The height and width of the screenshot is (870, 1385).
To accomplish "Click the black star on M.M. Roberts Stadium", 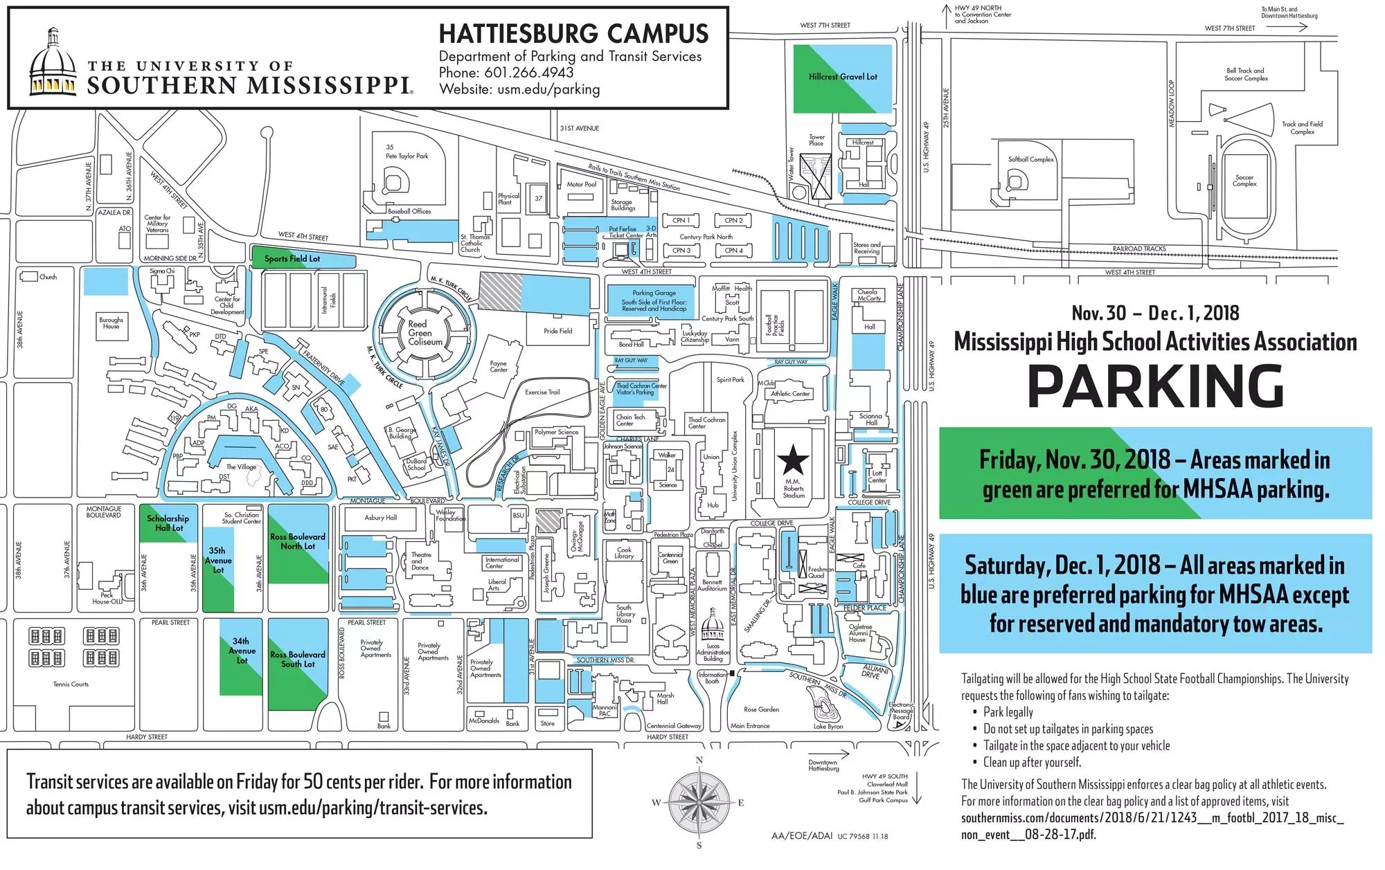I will click(793, 460).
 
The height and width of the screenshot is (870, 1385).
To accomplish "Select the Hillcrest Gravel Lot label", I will click(843, 77).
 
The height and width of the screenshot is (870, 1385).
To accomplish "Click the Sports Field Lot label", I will click(292, 259).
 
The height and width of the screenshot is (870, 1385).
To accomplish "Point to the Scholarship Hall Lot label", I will click(167, 523).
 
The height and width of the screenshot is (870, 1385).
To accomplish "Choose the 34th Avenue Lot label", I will click(242, 651).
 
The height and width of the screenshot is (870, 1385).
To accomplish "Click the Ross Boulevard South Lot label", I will click(298, 659).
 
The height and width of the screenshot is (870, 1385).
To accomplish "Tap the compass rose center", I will click(699, 803).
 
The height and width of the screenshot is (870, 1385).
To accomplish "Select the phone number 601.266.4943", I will click(528, 73).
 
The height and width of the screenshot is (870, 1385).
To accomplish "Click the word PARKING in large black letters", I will click(1155, 386).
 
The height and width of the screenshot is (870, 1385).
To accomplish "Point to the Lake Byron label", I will click(828, 727).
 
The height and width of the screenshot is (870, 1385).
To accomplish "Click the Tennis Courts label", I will click(71, 684).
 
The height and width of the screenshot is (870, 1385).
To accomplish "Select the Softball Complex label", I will click(1030, 159).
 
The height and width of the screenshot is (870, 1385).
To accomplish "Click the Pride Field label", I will click(557, 331).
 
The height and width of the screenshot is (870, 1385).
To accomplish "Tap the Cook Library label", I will click(624, 553).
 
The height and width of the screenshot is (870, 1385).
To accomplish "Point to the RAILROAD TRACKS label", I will click(1139, 248).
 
